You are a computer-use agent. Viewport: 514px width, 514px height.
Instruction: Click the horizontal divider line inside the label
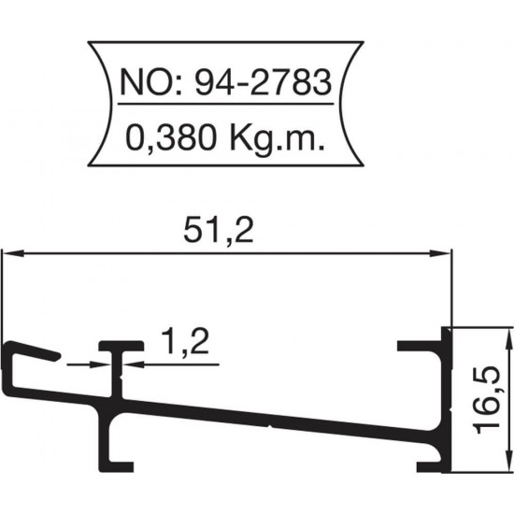(x=223, y=114)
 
